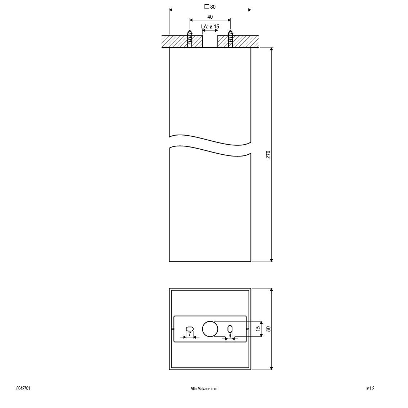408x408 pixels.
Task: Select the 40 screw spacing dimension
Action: (x=210, y=17)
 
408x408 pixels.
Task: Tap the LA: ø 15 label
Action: (x=210, y=27)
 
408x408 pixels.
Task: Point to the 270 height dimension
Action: (x=268, y=155)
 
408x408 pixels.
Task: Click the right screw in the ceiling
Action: (x=230, y=38)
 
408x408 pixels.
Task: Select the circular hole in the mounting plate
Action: (x=210, y=329)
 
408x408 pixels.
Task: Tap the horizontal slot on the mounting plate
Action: (x=190, y=328)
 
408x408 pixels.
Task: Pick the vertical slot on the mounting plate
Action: (x=230, y=329)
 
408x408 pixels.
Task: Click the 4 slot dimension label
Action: (x=230, y=335)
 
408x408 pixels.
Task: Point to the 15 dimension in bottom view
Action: (x=258, y=328)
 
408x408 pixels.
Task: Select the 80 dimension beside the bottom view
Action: (x=268, y=328)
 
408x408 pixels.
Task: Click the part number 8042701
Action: (x=23, y=389)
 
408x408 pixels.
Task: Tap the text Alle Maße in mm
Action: (x=204, y=389)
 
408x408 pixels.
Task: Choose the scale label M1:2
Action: (x=371, y=389)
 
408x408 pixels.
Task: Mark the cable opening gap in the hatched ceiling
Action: (x=210, y=41)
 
